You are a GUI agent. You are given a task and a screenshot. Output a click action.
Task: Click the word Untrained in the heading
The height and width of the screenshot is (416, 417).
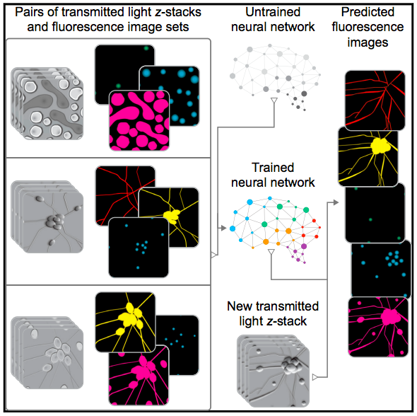[x=273, y=12]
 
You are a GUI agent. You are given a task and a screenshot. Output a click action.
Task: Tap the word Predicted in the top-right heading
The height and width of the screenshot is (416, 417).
[x=368, y=12]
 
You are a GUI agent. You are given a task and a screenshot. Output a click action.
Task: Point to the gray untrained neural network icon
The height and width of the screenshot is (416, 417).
[x=275, y=77]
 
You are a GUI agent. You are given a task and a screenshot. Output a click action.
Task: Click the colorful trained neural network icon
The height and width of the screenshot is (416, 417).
[x=275, y=230]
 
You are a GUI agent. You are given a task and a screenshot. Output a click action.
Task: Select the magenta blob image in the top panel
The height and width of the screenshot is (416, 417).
[x=139, y=120]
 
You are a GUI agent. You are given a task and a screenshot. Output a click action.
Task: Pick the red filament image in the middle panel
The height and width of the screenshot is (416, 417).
[x=125, y=196]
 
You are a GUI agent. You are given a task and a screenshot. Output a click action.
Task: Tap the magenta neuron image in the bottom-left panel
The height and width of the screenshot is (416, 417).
[x=139, y=375]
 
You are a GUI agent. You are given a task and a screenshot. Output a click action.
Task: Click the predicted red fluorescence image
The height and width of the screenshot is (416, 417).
[x=375, y=100]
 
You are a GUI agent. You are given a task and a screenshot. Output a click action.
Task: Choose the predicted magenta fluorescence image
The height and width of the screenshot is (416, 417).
[x=378, y=327]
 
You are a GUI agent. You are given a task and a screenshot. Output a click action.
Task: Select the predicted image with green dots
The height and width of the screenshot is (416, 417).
[x=375, y=213]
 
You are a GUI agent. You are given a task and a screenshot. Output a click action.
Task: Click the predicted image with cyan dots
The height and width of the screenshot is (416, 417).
[x=381, y=269]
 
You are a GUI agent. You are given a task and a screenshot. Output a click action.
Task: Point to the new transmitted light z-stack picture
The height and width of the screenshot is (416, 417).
[x=273, y=371]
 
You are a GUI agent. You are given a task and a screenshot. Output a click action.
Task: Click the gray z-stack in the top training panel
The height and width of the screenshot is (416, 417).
[x=47, y=103]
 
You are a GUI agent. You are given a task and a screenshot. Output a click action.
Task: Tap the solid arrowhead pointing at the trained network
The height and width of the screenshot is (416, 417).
[x=223, y=228]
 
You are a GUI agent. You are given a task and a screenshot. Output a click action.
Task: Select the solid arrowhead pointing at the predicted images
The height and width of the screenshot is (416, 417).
[x=336, y=202]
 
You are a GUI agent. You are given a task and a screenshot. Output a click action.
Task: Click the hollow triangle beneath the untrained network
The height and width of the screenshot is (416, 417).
[x=274, y=100]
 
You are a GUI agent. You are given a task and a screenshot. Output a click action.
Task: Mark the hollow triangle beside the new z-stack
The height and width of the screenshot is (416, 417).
[x=315, y=377]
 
